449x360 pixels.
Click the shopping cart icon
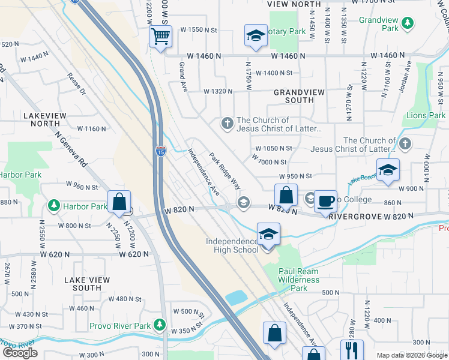[x=160, y=36]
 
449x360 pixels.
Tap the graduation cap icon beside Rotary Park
[x=256, y=35]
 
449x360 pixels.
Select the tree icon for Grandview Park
[x=408, y=23]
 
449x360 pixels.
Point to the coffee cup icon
[x=325, y=201]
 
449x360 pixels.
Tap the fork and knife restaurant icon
[x=352, y=350]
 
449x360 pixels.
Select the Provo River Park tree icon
[x=159, y=325]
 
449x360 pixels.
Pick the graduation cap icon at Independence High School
[x=268, y=234]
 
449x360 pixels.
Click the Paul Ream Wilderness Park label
[x=299, y=280]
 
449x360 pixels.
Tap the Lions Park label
[x=426, y=115]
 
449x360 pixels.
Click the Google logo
[x=20, y=352]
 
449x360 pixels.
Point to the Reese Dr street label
[x=77, y=85]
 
